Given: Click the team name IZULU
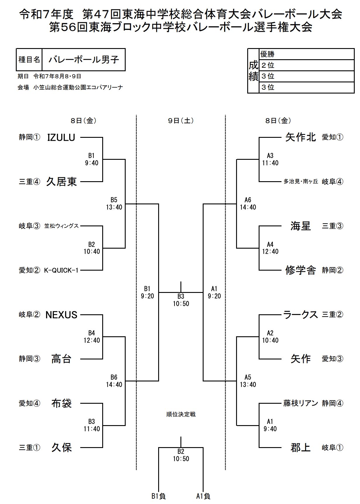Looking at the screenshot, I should [61, 137].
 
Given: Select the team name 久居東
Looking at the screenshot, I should [61, 182].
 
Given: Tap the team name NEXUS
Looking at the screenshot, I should [61, 315].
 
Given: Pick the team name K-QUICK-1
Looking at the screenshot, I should [61, 270].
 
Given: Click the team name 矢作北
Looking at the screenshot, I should [301, 137].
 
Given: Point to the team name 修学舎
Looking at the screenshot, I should [301, 270].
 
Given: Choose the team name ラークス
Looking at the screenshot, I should [301, 315].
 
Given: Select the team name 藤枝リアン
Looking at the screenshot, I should [301, 403].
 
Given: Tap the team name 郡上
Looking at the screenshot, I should [301, 448].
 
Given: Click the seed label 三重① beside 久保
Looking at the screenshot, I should [30, 448].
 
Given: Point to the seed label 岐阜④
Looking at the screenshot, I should [332, 182].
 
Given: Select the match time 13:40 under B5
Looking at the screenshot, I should [114, 207].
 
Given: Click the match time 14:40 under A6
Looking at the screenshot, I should [248, 207].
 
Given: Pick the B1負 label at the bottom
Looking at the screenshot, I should [158, 496].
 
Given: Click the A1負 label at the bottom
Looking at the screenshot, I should [203, 496].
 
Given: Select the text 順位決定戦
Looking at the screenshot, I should [181, 415].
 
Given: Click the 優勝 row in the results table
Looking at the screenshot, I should [306, 54].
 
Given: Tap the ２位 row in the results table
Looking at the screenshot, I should [306, 65].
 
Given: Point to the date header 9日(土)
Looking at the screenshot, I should [181, 121].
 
